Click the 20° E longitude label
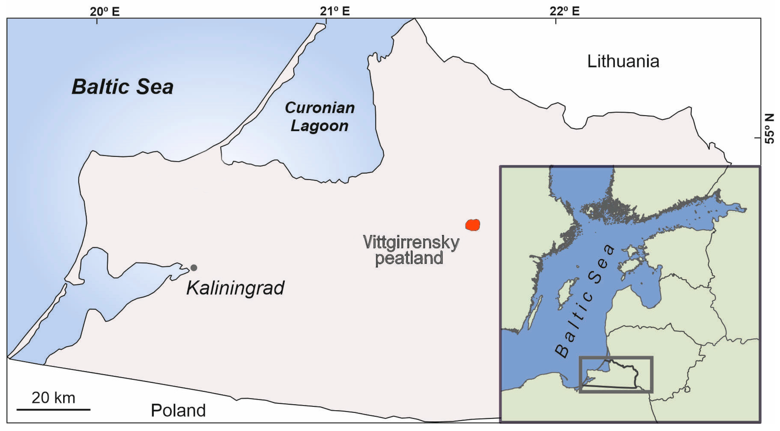[x=105, y=11]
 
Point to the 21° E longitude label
[x=335, y=11]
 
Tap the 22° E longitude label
[x=564, y=11]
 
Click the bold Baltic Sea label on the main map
[x=122, y=87]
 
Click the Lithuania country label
[x=623, y=61]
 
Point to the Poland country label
[x=178, y=410]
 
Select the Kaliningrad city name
[x=235, y=288]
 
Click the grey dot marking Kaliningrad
[x=194, y=268]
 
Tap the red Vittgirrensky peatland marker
[x=473, y=225]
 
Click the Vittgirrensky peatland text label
[x=411, y=250]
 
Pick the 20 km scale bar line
[x=53, y=409]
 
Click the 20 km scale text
[x=53, y=397]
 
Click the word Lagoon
[x=320, y=126]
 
